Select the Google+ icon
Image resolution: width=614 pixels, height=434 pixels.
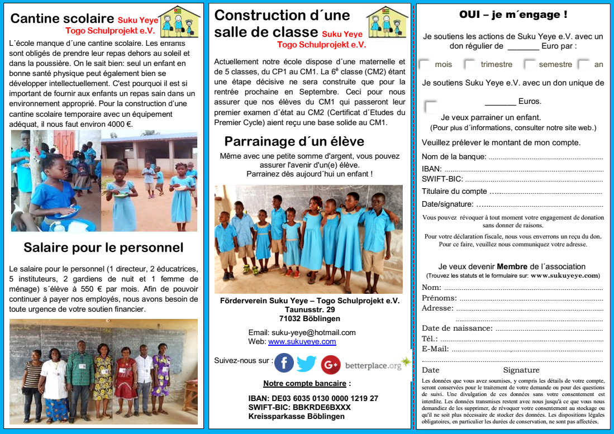pyautogui.click(x=330, y=364)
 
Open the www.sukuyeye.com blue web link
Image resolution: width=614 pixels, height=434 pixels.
pyautogui.click(x=302, y=342)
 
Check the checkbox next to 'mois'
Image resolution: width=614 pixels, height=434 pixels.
pyautogui.click(x=425, y=64)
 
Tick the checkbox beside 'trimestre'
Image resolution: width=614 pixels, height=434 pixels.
pyautogui.click(x=470, y=64)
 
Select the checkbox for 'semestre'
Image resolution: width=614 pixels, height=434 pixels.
pyautogui.click(x=529, y=64)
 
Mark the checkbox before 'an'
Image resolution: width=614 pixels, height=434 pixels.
pyautogui.click(x=584, y=64)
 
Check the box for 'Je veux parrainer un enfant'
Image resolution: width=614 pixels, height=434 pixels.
pyautogui.click(x=431, y=107)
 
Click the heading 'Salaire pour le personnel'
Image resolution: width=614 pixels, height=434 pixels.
pyautogui.click(x=103, y=247)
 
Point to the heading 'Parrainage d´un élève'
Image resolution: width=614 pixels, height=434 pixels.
pyautogui.click(x=294, y=141)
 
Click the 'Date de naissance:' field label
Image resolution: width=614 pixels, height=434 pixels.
pyautogui.click(x=457, y=328)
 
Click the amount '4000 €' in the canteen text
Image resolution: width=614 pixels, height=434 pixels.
pyautogui.click(x=116, y=124)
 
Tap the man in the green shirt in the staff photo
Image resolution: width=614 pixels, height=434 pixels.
pyautogui.click(x=79, y=380)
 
